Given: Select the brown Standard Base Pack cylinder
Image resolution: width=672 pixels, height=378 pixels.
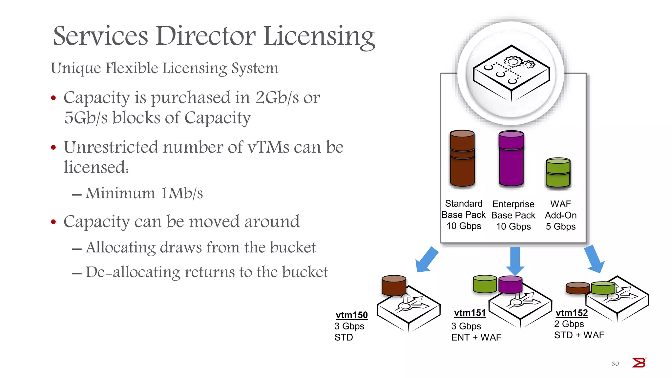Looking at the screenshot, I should [462, 158].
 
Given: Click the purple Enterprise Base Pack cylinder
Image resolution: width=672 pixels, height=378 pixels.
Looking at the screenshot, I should [511, 158].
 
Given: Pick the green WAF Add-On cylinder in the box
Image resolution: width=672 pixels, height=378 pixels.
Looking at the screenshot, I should [558, 173].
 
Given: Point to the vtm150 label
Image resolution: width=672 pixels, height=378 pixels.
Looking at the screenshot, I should [351, 315].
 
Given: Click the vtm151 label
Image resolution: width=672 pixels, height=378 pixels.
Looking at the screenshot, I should [470, 313].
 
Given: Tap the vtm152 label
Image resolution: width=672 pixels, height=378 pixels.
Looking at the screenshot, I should [571, 313].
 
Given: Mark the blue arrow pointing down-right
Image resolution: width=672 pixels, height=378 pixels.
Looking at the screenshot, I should [595, 259].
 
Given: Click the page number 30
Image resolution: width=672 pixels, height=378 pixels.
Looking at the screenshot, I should [615, 364].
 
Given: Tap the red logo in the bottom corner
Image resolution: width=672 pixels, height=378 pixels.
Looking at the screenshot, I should [639, 363].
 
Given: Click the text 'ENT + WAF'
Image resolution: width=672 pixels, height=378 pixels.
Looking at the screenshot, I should [476, 337].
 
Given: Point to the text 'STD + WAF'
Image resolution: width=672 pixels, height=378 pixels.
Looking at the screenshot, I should [579, 335].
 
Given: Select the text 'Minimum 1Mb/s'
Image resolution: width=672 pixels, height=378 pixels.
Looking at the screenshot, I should [144, 193].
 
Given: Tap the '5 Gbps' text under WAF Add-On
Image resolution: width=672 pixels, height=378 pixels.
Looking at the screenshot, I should [560, 226].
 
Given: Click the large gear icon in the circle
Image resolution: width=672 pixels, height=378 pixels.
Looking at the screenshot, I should [513, 62].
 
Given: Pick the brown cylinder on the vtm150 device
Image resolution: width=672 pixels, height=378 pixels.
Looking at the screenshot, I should [394, 285].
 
